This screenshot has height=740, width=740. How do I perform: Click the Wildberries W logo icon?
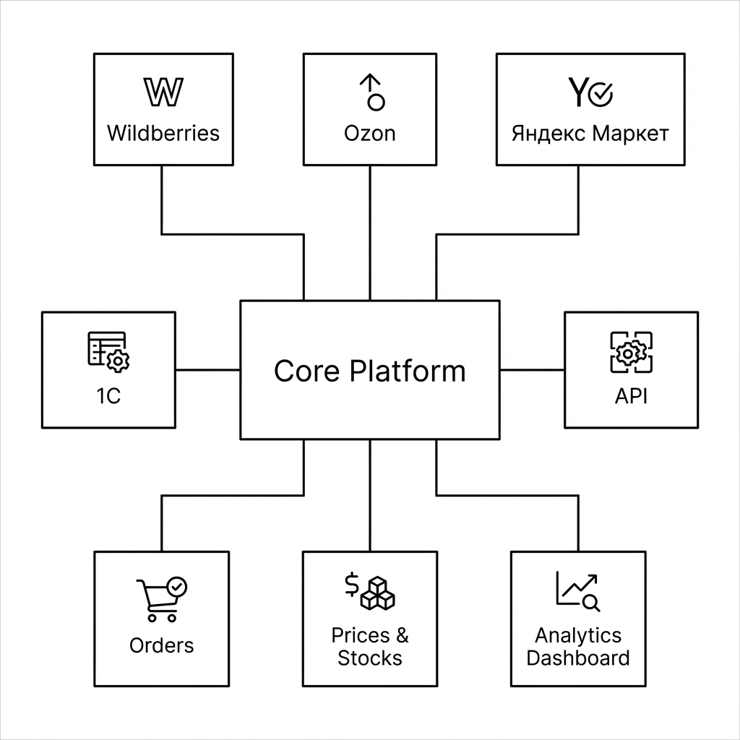[163, 92]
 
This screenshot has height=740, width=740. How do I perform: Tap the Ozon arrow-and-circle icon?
[372, 92]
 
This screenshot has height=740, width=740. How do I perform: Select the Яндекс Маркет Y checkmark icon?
[590, 92]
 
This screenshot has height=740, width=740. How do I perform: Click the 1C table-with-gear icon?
[108, 352]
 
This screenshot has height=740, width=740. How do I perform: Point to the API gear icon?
[632, 352]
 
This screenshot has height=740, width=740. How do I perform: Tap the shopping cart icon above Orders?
[162, 599]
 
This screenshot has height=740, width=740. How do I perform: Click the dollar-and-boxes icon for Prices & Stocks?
[369, 592]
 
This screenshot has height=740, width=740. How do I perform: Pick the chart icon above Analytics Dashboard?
[578, 591]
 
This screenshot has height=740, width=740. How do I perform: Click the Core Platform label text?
[370, 371]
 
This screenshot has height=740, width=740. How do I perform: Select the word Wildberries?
[163, 134]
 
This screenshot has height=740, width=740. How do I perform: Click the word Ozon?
[369, 134]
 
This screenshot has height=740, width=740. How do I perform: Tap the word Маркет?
[630, 134]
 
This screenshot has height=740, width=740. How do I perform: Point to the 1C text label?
[108, 396]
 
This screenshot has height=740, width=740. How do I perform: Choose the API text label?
[631, 396]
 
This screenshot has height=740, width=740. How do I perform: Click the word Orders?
[161, 645]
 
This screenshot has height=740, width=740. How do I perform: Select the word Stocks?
[369, 658]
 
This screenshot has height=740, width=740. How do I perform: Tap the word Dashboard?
[578, 658]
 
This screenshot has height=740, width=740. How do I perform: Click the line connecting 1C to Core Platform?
[208, 370]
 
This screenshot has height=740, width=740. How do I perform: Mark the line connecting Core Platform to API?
[532, 370]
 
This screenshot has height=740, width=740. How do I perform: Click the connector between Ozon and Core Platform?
[370, 233]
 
